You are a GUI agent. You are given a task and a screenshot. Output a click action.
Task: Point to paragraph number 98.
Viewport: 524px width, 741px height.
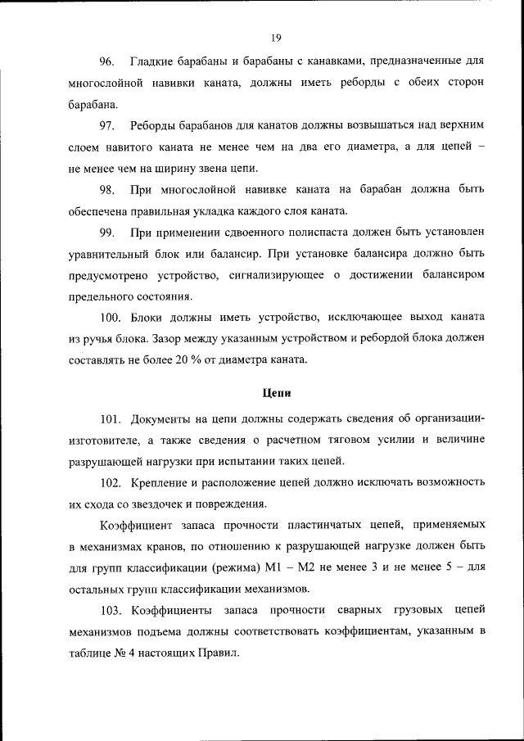point(106,190)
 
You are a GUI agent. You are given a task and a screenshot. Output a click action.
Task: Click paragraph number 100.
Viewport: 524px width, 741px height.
point(111,318)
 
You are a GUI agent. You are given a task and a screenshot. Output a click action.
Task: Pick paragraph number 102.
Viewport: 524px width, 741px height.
point(111,482)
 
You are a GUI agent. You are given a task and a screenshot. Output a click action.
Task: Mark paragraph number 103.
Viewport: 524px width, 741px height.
point(111,611)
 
